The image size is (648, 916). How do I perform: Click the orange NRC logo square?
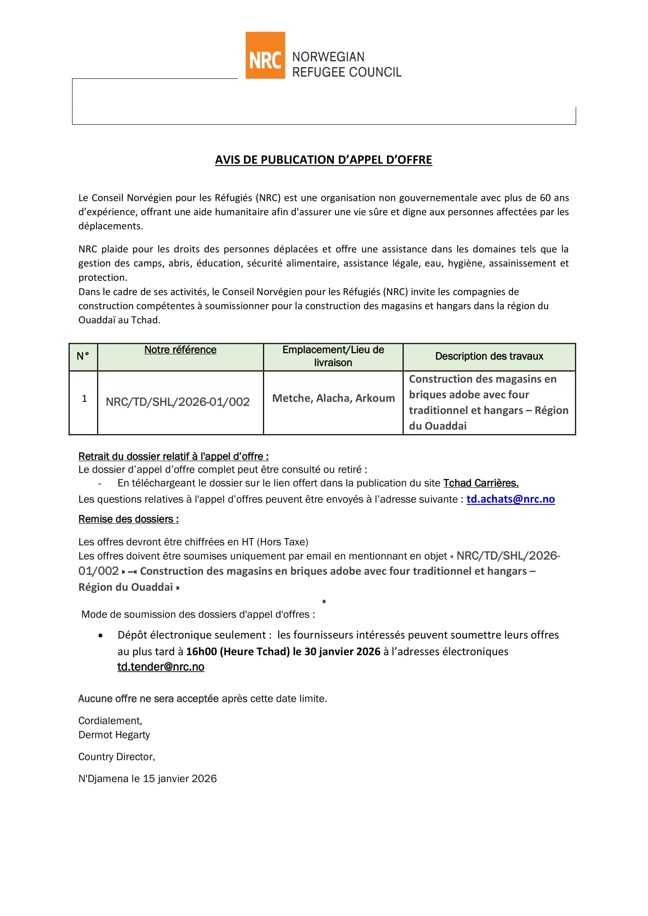click(265, 55)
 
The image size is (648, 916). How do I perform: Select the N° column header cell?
click(83, 356)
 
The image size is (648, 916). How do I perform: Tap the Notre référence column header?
click(180, 350)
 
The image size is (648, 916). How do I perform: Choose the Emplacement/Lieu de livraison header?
click(333, 356)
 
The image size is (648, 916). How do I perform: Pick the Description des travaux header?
click(489, 356)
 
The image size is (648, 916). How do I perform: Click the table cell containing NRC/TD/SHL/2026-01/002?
click(177, 402)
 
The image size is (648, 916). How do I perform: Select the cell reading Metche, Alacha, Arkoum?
click(333, 398)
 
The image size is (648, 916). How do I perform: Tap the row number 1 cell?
click(84, 399)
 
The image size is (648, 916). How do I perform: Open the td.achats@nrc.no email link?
click(510, 499)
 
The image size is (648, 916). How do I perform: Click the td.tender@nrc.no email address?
click(161, 667)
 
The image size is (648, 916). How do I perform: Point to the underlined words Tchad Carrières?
click(481, 483)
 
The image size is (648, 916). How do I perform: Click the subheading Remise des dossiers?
click(129, 519)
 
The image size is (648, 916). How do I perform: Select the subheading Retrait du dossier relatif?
click(173, 456)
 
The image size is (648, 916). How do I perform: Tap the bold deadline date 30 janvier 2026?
click(342, 652)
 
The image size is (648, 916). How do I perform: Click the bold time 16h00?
click(201, 652)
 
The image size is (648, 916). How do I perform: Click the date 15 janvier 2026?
click(179, 779)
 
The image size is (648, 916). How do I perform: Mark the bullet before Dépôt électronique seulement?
click(101, 636)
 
